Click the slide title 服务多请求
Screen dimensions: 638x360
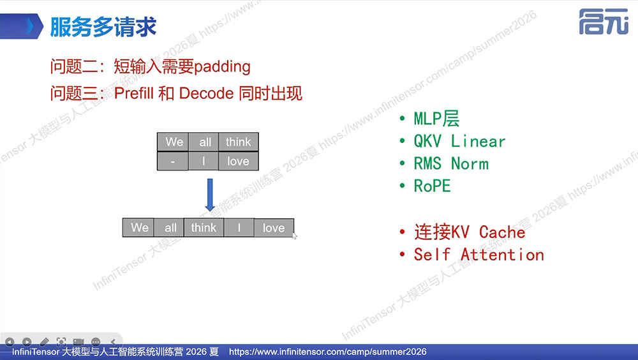103,27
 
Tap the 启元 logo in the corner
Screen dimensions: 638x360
604,22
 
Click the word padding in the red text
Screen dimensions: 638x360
222,66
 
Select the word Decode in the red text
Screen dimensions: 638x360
206,93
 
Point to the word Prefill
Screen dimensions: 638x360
133,93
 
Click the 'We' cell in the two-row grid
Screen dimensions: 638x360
173,142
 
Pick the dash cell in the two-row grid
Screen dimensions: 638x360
173,161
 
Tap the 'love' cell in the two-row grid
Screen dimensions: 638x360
239,161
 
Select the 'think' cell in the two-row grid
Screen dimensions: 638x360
239,142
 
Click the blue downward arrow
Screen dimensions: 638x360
210,195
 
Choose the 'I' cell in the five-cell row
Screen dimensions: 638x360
239,228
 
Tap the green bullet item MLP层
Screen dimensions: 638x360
436,119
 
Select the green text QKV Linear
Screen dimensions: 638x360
459,141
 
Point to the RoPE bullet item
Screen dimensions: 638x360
432,186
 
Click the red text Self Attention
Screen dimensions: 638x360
479,255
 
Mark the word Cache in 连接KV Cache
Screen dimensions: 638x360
502,232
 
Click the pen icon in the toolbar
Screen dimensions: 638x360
44,341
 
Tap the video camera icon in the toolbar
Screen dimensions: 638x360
78,341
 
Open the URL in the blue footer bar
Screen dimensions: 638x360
328,352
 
